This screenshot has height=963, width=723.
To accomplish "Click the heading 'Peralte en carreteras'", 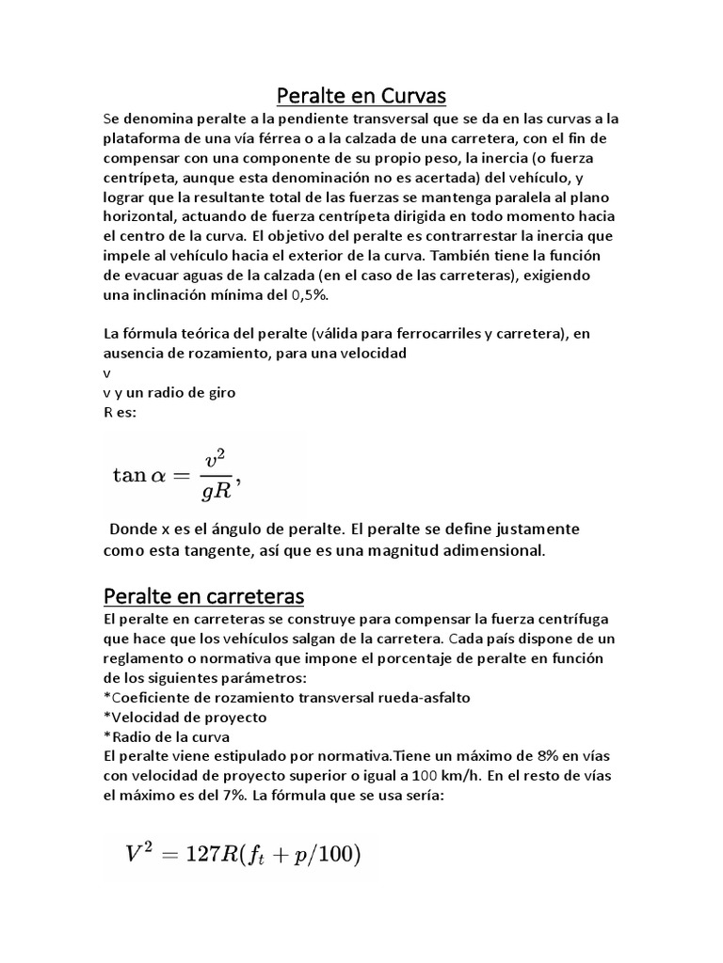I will click(x=202, y=597).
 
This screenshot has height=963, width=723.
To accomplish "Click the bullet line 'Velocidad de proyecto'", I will click(x=185, y=717).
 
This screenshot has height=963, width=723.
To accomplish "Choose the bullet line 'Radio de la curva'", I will click(x=167, y=735).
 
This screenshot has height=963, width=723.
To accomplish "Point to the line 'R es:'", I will click(x=120, y=412).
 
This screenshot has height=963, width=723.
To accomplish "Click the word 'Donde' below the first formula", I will click(x=133, y=529).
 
